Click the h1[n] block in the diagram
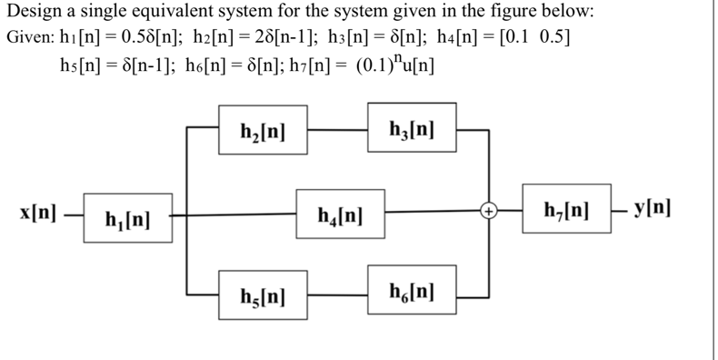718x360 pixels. [x=127, y=218]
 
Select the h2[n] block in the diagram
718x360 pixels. [x=264, y=129]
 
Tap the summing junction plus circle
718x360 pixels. [x=489, y=212]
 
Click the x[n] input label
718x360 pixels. [x=38, y=215]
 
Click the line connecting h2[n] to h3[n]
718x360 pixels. [x=337, y=129]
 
